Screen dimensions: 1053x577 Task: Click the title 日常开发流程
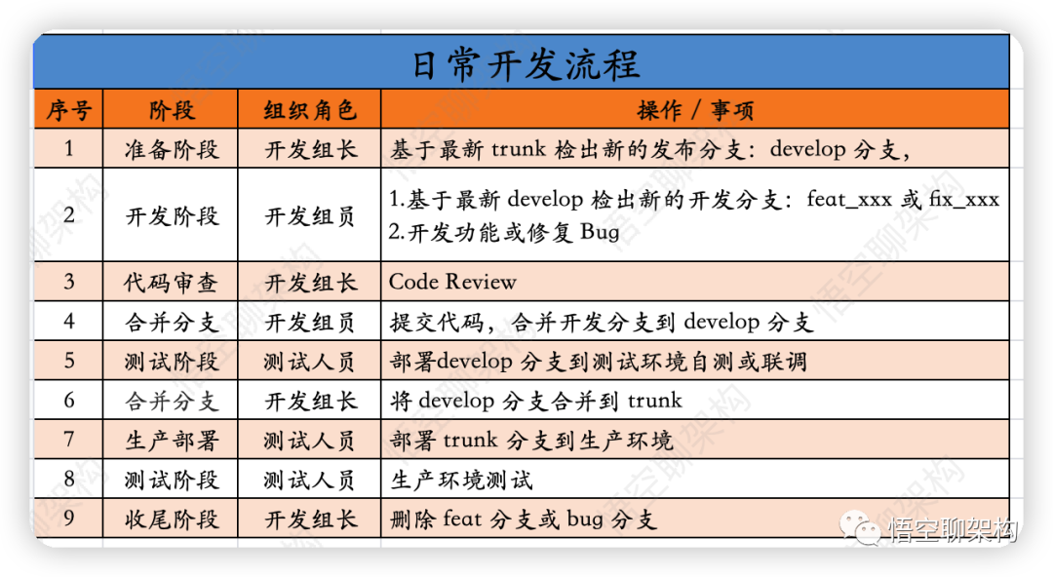click(526, 64)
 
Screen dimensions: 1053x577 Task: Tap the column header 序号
click(68, 110)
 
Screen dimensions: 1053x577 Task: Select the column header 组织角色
click(310, 110)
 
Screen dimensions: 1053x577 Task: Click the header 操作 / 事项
click(695, 110)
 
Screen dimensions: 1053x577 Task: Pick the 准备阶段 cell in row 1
click(172, 149)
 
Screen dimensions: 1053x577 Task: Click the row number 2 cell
click(68, 215)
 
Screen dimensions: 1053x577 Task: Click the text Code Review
click(452, 282)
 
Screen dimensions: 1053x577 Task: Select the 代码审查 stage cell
click(172, 283)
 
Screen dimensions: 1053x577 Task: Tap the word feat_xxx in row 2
click(849, 199)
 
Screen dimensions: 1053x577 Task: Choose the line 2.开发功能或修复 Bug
click(504, 232)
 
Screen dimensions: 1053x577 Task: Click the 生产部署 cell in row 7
click(172, 441)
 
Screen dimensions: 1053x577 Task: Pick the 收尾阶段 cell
click(172, 519)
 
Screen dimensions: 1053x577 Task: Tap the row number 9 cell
click(68, 518)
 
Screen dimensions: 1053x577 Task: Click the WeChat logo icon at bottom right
click(860, 526)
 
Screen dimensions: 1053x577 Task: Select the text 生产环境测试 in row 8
click(461, 481)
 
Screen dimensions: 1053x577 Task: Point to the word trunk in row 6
click(655, 401)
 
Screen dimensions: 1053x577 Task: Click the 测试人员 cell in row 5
click(310, 362)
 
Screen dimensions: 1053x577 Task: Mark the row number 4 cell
click(68, 321)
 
